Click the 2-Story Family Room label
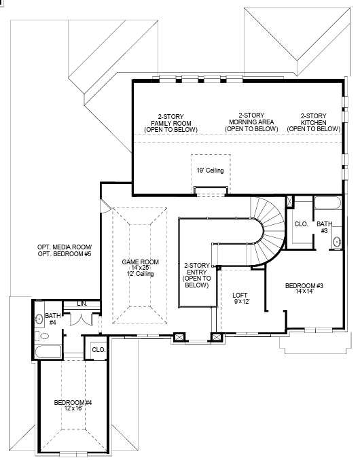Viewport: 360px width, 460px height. [x=175, y=123]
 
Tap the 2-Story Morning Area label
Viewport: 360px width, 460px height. [x=251, y=122]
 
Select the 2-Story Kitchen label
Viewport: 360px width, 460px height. [x=319, y=122]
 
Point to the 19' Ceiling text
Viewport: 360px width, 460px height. [x=210, y=171]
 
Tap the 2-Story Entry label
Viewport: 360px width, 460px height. [x=196, y=275]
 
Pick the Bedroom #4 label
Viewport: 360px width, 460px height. [x=73, y=406]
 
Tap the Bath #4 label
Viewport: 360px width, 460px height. [x=53, y=319]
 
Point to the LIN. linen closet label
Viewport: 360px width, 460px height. [x=82, y=303]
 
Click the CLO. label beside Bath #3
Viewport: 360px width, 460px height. [x=301, y=224]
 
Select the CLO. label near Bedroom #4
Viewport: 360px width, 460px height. [x=98, y=351]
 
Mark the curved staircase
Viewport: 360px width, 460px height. [x=268, y=224]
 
